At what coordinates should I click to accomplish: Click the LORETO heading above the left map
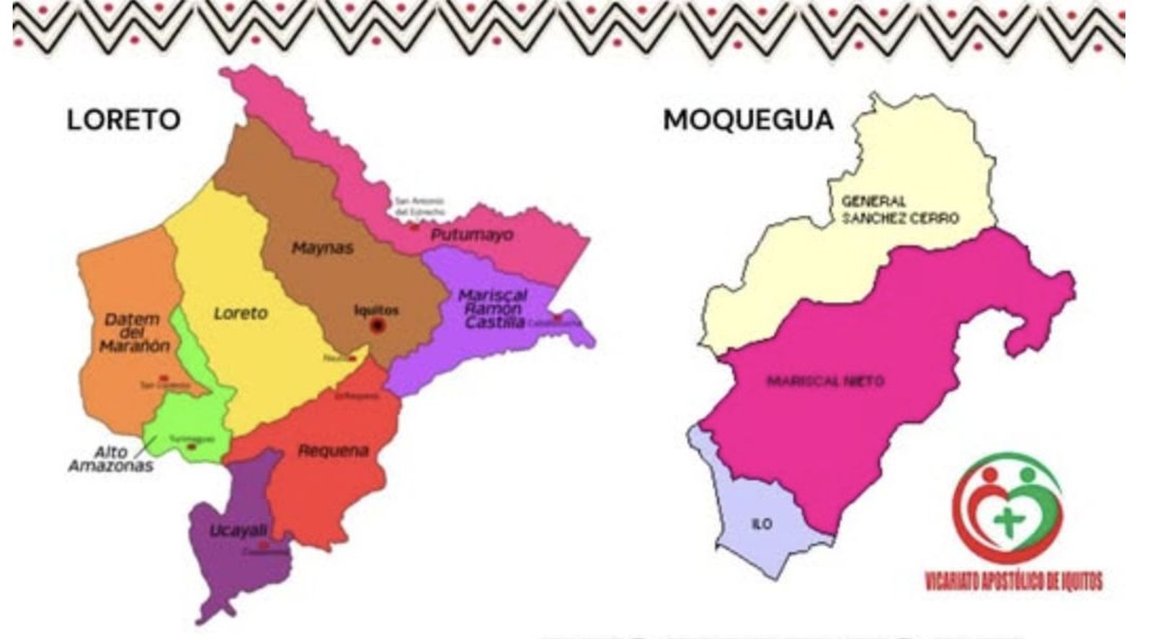click(123, 120)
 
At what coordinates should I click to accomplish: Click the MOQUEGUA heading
click(748, 120)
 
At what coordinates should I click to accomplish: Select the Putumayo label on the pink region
click(472, 235)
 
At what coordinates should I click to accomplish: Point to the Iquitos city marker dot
click(377, 326)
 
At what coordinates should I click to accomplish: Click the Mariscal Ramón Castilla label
click(494, 309)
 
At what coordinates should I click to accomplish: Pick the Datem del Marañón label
click(133, 332)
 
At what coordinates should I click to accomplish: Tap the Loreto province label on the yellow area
click(240, 313)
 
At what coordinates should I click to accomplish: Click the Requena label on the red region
click(333, 451)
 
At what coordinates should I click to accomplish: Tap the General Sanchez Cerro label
click(899, 210)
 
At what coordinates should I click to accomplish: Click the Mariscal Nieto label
click(825, 380)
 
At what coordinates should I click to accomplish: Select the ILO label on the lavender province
click(762, 524)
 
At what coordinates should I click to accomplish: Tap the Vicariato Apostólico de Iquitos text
click(1013, 580)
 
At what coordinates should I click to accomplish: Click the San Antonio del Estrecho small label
click(420, 207)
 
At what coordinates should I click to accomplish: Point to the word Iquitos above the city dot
click(376, 310)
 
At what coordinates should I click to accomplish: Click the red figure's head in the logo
click(989, 475)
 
